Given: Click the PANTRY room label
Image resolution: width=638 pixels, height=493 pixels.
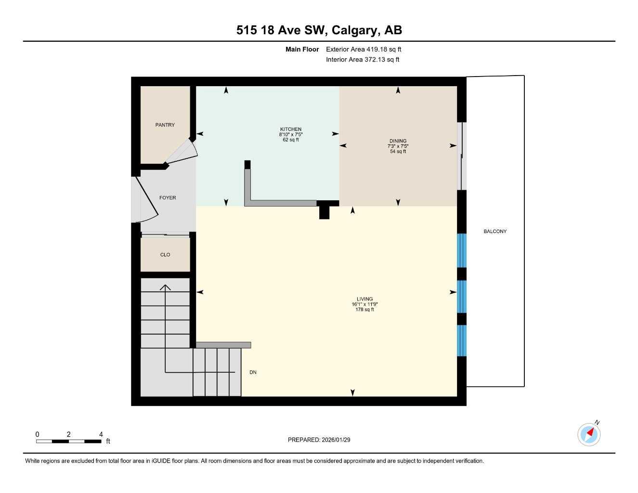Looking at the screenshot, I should (x=165, y=125).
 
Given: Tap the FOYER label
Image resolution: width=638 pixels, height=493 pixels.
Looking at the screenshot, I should (x=168, y=198).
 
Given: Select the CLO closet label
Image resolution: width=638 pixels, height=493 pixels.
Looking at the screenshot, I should (x=165, y=255).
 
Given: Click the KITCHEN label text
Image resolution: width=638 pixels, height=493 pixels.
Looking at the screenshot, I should (x=291, y=129).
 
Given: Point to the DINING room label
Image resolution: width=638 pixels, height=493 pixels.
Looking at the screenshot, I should (x=398, y=141).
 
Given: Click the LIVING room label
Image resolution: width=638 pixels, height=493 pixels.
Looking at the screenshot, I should (x=365, y=299).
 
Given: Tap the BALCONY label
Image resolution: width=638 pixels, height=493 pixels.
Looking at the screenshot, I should (x=495, y=232).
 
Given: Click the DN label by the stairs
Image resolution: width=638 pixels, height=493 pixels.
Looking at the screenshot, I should (x=253, y=372).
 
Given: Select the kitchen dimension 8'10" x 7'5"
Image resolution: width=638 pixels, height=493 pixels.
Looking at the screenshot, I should (x=291, y=135).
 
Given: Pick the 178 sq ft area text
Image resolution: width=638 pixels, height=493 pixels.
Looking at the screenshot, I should (x=365, y=310).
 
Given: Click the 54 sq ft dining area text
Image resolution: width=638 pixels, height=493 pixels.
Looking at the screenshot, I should (x=398, y=152).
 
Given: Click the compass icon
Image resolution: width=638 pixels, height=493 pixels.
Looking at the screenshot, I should (x=588, y=434).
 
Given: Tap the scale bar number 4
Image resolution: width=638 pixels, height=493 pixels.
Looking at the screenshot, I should (x=101, y=434).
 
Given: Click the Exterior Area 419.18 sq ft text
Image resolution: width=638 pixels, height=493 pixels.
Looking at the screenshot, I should (x=364, y=49).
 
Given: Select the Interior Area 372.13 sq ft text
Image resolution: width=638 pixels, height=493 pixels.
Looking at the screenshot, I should (x=363, y=60).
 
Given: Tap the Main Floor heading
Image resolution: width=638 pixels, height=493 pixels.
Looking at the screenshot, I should (x=302, y=49).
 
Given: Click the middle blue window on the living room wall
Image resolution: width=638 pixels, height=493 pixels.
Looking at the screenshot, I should (x=462, y=297).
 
